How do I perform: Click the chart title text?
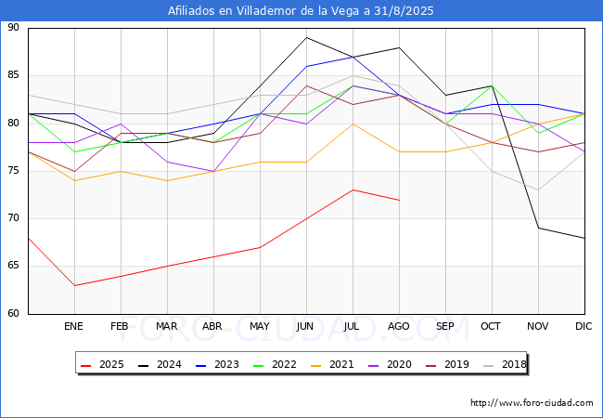coord(301,11)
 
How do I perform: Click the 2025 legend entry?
coord(103,364)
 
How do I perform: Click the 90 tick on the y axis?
coord(13,28)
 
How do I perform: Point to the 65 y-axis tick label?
coord(13,267)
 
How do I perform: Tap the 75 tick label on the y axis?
coord(13,171)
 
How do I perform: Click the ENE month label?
coord(74,327)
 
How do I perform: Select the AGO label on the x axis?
coord(399,327)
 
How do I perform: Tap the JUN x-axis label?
coord(306,327)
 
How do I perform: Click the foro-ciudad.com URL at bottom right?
coord(532,403)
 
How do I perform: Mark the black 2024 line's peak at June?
coord(306,37)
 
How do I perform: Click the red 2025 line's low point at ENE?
coord(74,285)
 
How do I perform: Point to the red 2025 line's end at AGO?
coord(399,200)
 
